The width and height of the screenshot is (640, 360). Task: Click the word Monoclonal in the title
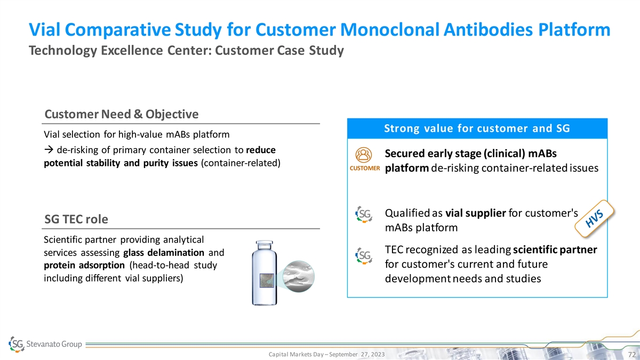[x=389, y=30]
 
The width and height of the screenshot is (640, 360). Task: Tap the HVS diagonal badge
[x=594, y=219]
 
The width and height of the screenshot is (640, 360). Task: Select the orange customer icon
[x=363, y=155]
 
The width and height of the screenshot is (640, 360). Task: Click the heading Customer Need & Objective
[x=122, y=114]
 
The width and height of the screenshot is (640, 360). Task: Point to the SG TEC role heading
[x=76, y=219]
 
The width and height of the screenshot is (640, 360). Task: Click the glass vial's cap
[x=265, y=245]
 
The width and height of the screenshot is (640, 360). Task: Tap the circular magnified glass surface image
[x=298, y=276]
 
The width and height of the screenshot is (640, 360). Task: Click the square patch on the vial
[x=267, y=281]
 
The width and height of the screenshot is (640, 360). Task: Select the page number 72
[x=631, y=355]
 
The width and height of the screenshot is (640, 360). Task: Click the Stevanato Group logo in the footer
[x=45, y=344]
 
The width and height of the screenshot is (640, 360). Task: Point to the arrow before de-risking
[x=49, y=150]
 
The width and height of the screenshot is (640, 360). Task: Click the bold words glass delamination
[x=164, y=253]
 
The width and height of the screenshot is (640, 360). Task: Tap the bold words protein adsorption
[x=84, y=266]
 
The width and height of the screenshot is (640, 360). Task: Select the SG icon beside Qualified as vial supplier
[x=364, y=214]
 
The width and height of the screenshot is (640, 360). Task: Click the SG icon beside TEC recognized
[x=364, y=255]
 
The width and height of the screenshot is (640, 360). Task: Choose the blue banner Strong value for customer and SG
[x=477, y=129]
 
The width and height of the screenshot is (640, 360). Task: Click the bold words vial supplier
[x=476, y=213]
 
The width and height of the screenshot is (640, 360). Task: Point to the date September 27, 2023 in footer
[x=357, y=354]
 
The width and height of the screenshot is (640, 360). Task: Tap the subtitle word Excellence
[x=132, y=51]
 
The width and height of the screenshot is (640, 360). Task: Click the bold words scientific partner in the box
[x=555, y=250]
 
